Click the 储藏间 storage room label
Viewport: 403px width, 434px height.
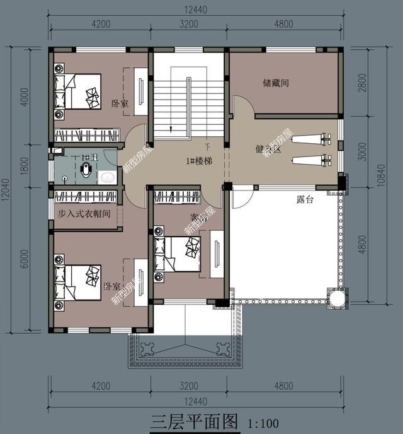click(x=275, y=83)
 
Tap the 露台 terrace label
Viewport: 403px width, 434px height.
click(x=305, y=199)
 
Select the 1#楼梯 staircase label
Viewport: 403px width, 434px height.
click(x=198, y=161)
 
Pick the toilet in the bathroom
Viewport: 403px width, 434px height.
click(x=86, y=167)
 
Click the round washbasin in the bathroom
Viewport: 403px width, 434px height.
click(x=108, y=177)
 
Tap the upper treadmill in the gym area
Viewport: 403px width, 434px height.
click(x=310, y=137)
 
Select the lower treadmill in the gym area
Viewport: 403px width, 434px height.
click(x=310, y=158)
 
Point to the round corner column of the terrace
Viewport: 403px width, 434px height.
click(x=335, y=296)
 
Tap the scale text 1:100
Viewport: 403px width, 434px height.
click(x=264, y=422)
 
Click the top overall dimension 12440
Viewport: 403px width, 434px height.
click(x=195, y=9)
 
